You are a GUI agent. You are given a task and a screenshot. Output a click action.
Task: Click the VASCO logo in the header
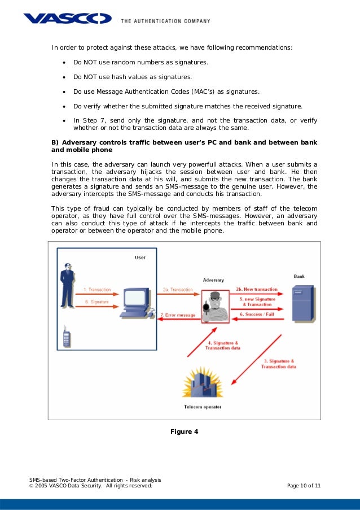click(x=67, y=19)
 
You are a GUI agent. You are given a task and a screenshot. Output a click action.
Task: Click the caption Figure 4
click(x=184, y=432)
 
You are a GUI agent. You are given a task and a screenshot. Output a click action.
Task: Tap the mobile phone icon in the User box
click(x=66, y=337)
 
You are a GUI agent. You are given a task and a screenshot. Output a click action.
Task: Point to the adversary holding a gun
click(x=214, y=308)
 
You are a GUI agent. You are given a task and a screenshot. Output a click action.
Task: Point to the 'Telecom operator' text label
click(x=203, y=407)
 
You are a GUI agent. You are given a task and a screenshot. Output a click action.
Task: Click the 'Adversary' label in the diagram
click(x=213, y=280)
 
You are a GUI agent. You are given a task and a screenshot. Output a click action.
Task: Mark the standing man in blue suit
click(x=67, y=285)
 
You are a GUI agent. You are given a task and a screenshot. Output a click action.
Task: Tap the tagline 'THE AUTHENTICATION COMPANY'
click(x=165, y=21)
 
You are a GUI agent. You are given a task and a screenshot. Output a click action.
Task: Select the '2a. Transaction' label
click(x=177, y=289)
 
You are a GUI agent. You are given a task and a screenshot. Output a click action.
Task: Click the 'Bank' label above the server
click(x=299, y=277)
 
